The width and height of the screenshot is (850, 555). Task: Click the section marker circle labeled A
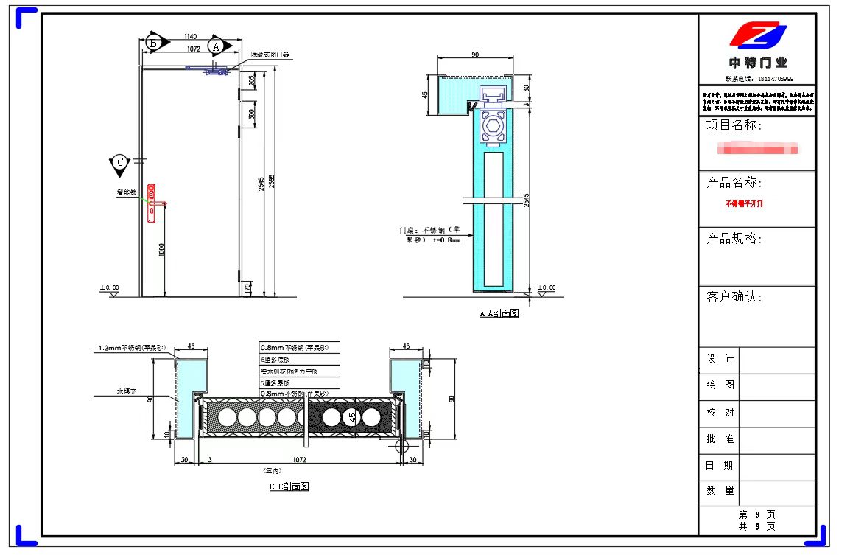point(215,46)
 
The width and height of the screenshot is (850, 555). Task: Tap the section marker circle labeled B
point(153,43)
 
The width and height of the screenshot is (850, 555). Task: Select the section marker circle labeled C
point(119,162)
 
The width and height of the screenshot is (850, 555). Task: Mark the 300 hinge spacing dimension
point(252,114)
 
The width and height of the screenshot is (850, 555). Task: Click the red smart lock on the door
point(152,203)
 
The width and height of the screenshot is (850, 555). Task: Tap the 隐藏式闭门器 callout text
point(270,54)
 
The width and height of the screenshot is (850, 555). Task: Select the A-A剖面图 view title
point(499,313)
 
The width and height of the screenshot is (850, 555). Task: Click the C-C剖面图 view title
point(289,486)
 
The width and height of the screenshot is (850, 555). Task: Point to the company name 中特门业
point(757,63)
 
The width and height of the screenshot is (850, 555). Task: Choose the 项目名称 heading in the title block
point(734,125)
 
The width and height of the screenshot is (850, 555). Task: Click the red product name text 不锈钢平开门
point(745,203)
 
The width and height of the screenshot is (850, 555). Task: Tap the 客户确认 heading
point(734,297)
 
